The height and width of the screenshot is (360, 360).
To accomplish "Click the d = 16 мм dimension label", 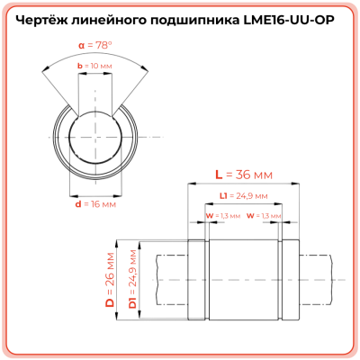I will (x=95, y=204).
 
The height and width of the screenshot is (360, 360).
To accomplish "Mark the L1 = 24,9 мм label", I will (x=244, y=195).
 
